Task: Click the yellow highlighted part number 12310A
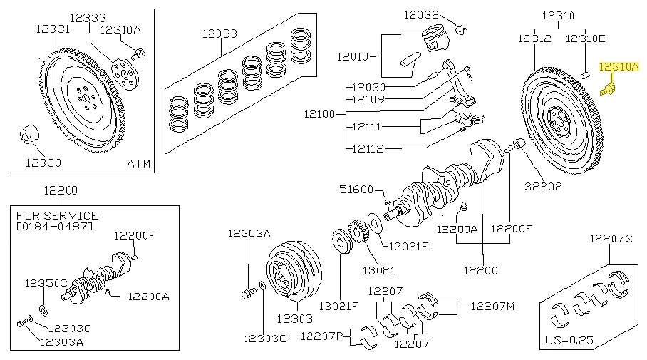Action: (x=621, y=68)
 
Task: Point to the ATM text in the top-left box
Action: (x=138, y=163)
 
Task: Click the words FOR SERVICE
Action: (x=56, y=215)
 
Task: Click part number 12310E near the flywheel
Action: (x=586, y=38)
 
